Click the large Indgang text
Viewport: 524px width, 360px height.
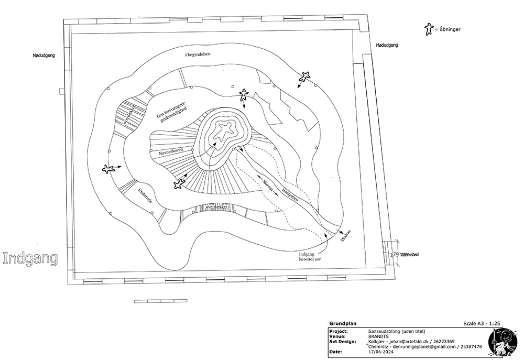pos(30,258)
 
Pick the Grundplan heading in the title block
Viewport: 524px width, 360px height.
pos(341,324)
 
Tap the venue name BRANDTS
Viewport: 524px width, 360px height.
pos(379,336)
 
